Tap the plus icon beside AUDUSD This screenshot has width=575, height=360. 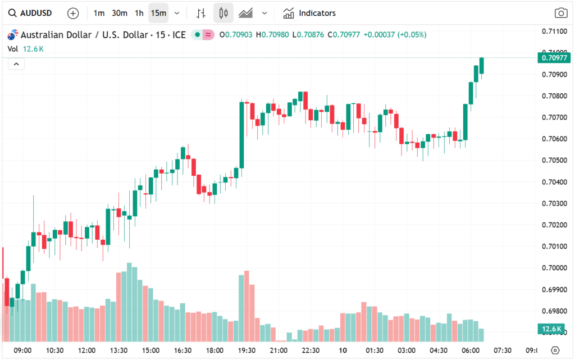(x=73, y=13)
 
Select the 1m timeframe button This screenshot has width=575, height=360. (x=99, y=13)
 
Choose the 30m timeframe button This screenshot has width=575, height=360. (x=119, y=13)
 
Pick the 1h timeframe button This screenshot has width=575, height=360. (x=139, y=13)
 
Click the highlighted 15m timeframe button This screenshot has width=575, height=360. (x=158, y=13)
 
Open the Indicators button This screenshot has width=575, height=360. (x=309, y=13)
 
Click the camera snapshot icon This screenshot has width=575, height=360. (x=560, y=13)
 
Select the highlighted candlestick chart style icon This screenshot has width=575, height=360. (x=223, y=13)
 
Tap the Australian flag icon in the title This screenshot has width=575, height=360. (x=12, y=35)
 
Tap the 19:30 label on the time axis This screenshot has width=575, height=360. (x=247, y=350)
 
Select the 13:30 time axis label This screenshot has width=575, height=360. (x=118, y=350)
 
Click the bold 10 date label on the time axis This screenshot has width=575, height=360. (x=343, y=350)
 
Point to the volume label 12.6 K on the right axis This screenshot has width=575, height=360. (x=553, y=329)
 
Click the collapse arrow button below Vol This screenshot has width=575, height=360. (x=16, y=64)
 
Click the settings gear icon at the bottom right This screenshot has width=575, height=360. (x=555, y=350)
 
